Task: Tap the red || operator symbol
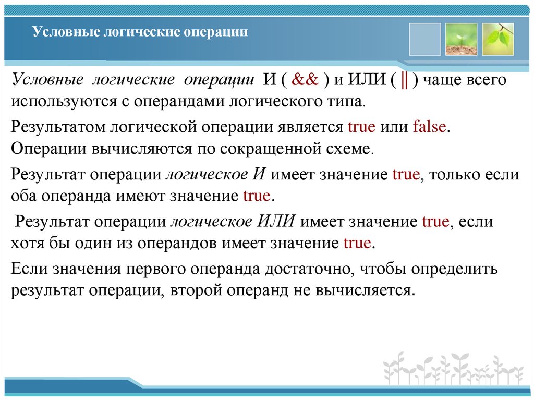[404, 81]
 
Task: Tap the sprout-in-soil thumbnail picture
[461, 40]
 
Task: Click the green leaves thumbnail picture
[497, 40]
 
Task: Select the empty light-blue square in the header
[424, 40]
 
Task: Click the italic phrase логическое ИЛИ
[233, 222]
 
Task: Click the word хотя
[26, 243]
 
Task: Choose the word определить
[455, 269]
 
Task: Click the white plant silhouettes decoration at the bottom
[452, 368]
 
